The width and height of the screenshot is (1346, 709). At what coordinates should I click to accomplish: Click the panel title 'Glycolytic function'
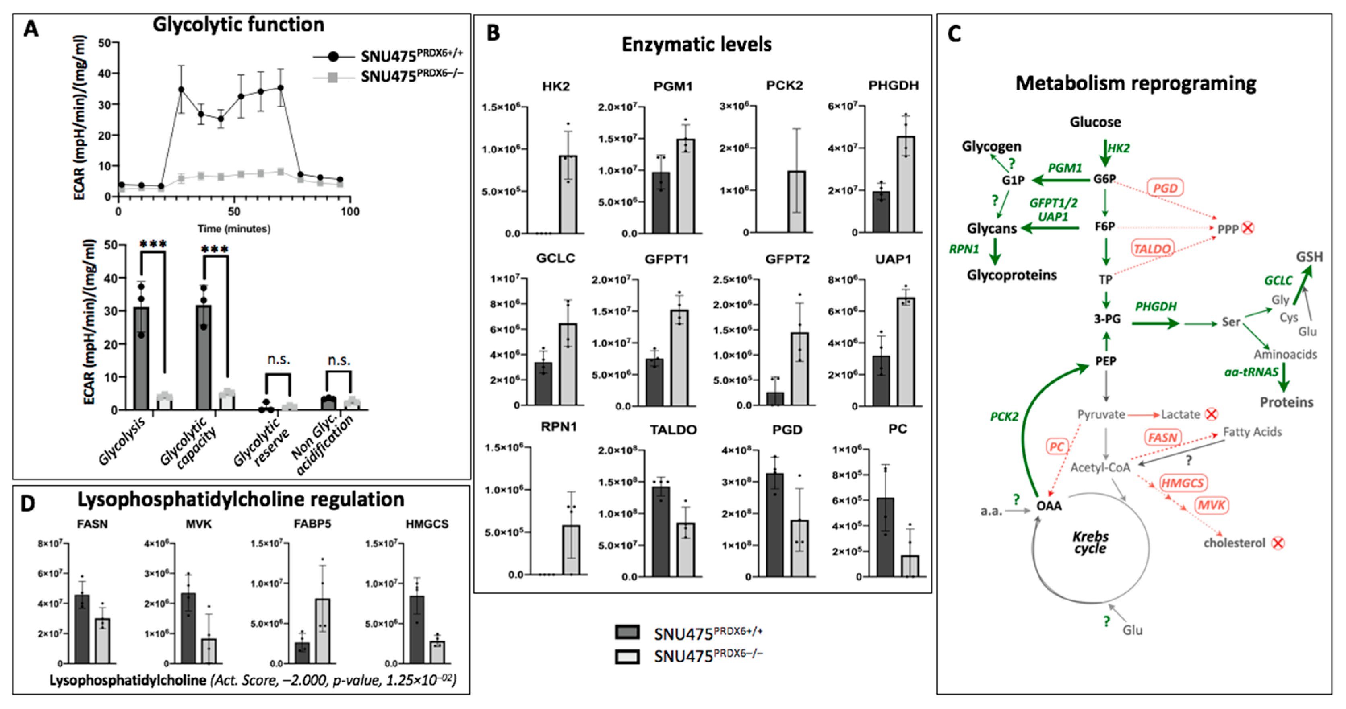[238, 25]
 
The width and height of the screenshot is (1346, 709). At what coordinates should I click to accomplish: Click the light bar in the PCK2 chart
[796, 201]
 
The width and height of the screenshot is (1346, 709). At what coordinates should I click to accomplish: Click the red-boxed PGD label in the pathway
[1165, 188]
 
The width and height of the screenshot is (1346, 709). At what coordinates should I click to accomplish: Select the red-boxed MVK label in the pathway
[1211, 506]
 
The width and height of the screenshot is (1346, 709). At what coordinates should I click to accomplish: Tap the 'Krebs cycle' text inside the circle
[1090, 543]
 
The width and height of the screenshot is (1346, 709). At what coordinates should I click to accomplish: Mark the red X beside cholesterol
[1278, 543]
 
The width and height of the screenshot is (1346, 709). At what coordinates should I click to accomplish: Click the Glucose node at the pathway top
[1095, 122]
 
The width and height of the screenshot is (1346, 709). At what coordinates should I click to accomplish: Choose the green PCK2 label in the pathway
[1004, 417]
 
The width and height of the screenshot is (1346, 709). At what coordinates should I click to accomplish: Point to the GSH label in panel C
[1309, 257]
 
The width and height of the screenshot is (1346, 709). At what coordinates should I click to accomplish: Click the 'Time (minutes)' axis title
[234, 229]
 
